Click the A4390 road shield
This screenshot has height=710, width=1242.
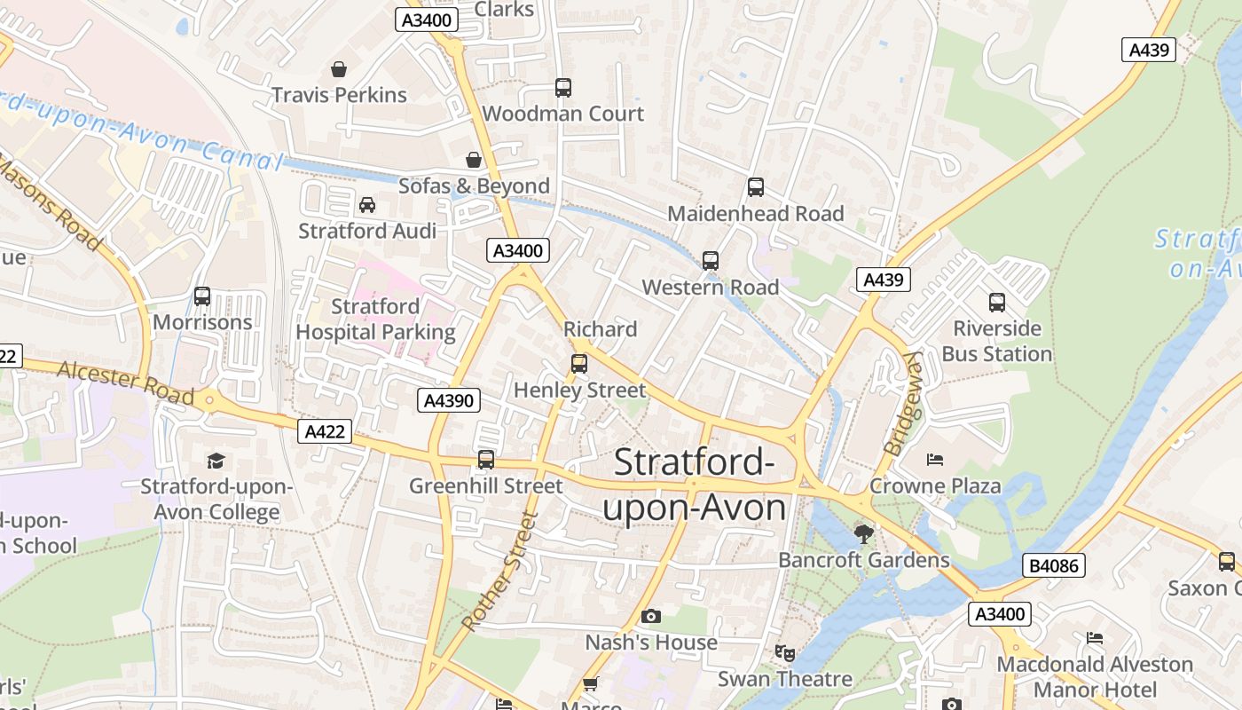click(448, 400)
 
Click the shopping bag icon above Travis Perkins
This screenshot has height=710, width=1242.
click(338, 69)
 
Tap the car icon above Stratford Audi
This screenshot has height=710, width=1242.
click(366, 205)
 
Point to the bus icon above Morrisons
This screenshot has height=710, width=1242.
click(202, 296)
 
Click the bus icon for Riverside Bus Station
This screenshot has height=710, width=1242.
click(996, 303)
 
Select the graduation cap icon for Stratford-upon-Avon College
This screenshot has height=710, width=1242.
click(216, 461)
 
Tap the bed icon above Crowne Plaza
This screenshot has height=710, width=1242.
click(934, 460)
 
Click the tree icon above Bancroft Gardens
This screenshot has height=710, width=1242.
click(863, 533)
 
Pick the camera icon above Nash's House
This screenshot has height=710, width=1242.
click(650, 616)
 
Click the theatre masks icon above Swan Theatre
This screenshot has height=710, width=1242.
click(784, 653)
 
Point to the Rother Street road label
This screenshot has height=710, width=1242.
click(500, 571)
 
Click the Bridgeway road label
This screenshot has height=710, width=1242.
click(903, 403)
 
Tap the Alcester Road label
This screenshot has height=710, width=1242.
click(125, 382)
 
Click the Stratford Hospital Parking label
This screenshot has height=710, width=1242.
click(375, 319)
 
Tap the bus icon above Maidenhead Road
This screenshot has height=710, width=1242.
click(755, 187)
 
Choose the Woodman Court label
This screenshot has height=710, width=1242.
click(562, 114)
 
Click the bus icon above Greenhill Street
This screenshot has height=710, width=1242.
click(485, 460)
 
